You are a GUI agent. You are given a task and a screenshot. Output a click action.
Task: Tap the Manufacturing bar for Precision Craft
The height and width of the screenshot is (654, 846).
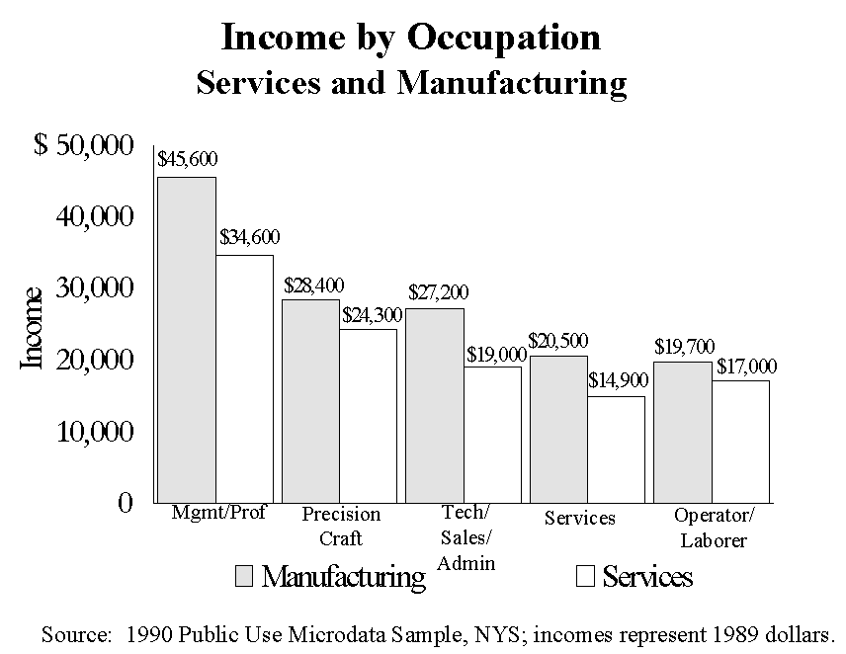tap(311, 400)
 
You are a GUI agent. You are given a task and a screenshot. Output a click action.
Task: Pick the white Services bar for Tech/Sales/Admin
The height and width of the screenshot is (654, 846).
tap(492, 434)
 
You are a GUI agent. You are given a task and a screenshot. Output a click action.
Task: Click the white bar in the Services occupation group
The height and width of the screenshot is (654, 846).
tap(616, 449)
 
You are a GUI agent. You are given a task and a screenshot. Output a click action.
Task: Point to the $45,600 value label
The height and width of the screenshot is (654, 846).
tap(188, 159)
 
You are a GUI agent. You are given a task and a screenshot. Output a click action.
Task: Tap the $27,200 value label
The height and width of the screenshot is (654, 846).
tap(438, 292)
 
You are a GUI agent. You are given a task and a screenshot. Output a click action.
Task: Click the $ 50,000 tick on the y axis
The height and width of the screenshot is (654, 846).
tap(83, 145)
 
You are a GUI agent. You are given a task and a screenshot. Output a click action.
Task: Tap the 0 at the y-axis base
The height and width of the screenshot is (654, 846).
tap(125, 503)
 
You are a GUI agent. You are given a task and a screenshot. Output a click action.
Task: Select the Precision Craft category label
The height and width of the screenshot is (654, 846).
tap(341, 526)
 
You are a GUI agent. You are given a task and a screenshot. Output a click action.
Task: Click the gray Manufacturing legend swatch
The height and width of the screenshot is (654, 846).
tap(244, 576)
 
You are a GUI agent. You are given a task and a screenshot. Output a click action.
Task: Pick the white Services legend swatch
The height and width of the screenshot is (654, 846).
tap(585, 576)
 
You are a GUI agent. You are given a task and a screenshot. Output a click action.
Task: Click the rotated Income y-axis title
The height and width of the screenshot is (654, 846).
tap(33, 328)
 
